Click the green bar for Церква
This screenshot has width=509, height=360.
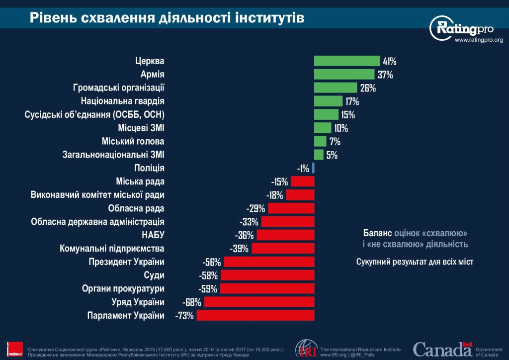(x=346, y=61)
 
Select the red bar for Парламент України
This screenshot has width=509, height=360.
(x=255, y=315)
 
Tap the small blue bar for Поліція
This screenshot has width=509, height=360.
(x=313, y=168)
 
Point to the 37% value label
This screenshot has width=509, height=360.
(x=385, y=75)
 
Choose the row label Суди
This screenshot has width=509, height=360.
(x=154, y=275)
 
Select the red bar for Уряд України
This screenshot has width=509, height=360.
(x=259, y=302)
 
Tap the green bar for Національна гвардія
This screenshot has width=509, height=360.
(x=328, y=101)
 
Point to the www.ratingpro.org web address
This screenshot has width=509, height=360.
(x=479, y=40)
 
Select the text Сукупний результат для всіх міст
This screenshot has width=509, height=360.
(x=415, y=262)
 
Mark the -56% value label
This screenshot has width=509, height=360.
(x=212, y=262)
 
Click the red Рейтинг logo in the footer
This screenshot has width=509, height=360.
(x=15, y=349)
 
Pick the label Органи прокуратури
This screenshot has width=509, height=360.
(x=123, y=288)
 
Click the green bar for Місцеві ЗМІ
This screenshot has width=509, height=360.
(x=323, y=128)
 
